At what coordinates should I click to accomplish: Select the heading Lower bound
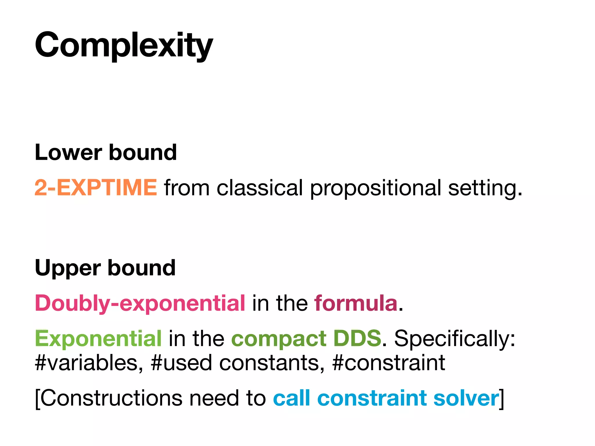click(x=105, y=152)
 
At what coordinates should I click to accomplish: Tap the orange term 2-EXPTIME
click(x=96, y=188)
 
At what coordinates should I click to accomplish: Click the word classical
click(x=260, y=188)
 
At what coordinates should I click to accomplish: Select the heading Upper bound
click(x=105, y=268)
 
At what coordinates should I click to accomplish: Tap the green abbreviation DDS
click(x=357, y=338)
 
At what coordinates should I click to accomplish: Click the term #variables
click(x=89, y=363)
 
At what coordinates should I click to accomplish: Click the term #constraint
click(x=388, y=363)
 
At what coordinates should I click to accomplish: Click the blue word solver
click(x=466, y=398)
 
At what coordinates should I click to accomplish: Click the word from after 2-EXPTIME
click(x=187, y=188)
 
